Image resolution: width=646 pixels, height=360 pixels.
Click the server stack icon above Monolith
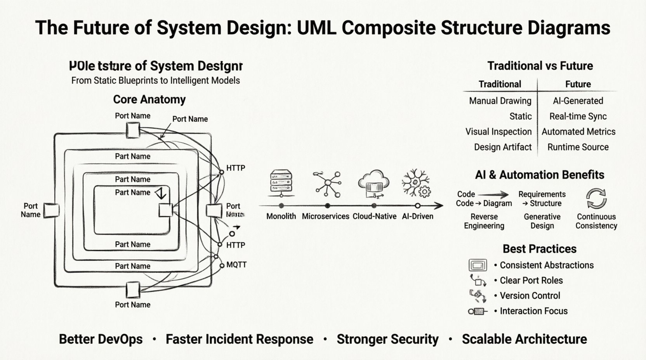click(281, 182)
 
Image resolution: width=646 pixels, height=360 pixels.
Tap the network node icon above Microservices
click(328, 183)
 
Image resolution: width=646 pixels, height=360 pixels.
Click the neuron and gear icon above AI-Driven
click(416, 183)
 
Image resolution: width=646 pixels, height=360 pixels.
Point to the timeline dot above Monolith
click(281, 206)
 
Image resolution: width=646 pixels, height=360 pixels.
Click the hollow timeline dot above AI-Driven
click(417, 206)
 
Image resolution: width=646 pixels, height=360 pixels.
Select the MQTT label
click(236, 265)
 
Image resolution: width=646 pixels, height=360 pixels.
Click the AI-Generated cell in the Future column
click(578, 101)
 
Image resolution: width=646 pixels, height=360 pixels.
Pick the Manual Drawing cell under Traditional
click(500, 101)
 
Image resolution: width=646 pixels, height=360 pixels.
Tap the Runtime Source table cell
click(578, 147)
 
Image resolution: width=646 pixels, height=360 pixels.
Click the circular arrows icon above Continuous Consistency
click(596, 198)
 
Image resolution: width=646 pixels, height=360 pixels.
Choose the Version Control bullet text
click(530, 296)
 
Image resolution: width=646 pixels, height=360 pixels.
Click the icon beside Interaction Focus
click(478, 311)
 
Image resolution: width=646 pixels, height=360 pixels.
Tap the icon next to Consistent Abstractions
click(478, 265)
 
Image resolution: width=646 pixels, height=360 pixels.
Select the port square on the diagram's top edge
click(133, 130)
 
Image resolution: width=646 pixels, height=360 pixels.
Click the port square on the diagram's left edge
click(51, 210)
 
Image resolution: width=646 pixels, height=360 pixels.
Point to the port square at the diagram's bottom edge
click(133, 290)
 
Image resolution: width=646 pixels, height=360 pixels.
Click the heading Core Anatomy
click(149, 99)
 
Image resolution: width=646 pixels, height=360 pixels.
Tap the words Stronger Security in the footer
click(387, 339)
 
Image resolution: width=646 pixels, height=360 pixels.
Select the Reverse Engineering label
click(484, 221)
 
